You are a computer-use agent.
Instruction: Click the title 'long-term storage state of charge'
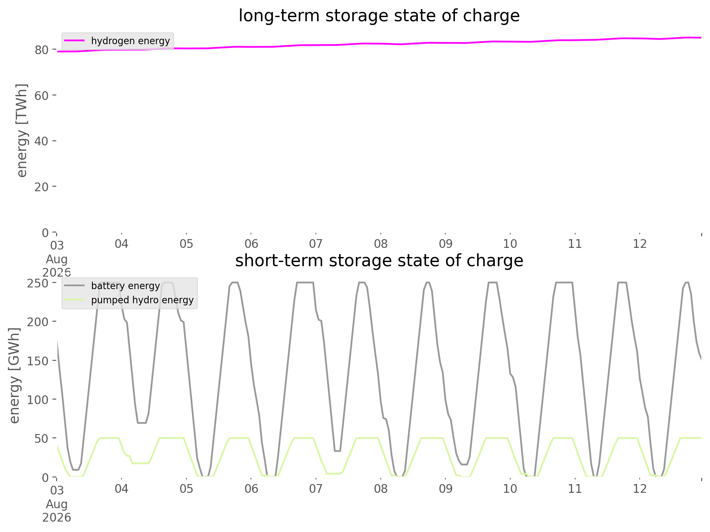point(379,16)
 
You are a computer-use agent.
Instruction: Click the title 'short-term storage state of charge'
point(379,261)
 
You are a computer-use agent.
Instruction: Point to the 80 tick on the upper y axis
point(45,50)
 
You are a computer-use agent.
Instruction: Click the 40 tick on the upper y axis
point(45,141)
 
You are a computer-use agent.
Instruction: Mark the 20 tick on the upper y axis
point(45,187)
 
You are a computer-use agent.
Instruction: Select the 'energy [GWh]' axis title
point(14,375)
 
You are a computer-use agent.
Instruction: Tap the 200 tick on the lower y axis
point(42,322)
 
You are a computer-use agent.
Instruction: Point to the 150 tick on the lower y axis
point(42,360)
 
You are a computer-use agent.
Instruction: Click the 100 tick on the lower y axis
point(42,400)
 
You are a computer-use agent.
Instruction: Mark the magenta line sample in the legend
point(75,41)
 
